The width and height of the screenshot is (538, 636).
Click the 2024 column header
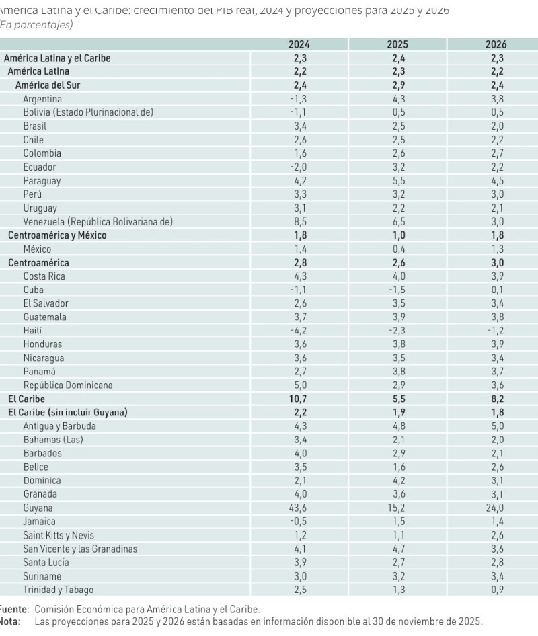299,44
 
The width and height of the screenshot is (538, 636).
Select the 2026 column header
496,44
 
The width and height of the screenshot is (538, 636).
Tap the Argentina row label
42,99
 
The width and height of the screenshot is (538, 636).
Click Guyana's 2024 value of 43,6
299,508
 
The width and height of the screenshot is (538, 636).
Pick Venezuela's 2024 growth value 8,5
299,222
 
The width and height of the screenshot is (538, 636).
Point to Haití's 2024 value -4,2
299,331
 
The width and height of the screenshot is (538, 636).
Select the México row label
37,249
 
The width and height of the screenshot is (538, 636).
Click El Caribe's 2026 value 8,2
496,399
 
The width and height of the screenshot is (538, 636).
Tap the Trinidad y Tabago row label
59,590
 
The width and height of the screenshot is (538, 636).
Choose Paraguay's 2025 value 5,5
397,181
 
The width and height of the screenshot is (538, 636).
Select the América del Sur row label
48,85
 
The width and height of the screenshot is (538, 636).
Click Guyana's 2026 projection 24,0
496,508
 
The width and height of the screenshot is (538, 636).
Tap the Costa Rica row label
44,276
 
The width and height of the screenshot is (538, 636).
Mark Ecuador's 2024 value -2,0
299,167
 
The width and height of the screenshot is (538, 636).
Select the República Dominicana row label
68,385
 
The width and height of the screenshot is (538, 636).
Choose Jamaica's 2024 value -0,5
299,522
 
